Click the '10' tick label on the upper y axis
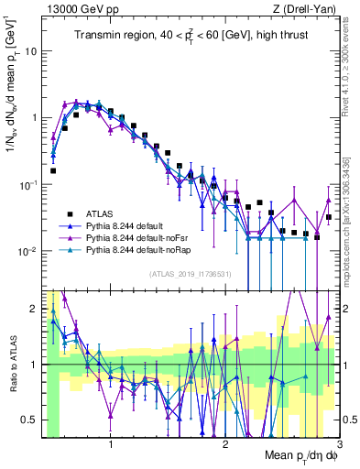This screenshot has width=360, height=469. (30, 51)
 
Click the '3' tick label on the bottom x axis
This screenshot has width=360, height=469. (339, 445)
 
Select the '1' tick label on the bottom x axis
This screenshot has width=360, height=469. (111, 445)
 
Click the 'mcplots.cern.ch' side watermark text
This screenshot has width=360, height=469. (351, 220)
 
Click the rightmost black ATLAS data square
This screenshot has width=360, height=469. (328, 217)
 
